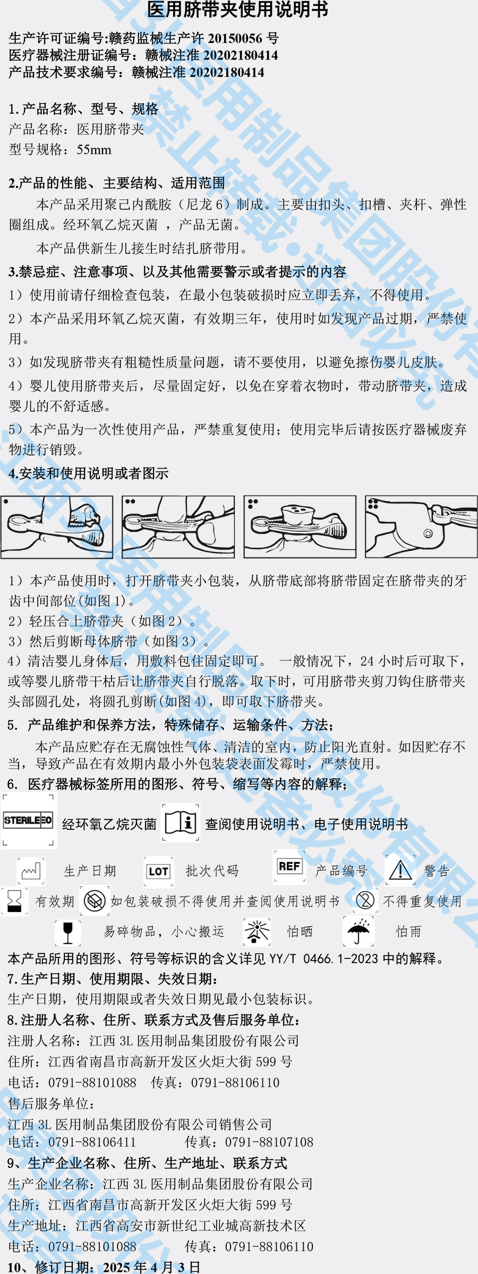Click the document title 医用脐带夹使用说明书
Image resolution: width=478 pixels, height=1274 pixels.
(x=237, y=10)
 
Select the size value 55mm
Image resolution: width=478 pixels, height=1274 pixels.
(x=94, y=150)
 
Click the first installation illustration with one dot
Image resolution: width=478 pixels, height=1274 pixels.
(x=57, y=526)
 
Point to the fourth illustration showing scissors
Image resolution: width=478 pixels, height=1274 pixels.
(x=421, y=526)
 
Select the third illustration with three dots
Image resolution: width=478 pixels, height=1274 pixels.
(x=300, y=526)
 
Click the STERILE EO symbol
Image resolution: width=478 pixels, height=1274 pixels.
(x=28, y=820)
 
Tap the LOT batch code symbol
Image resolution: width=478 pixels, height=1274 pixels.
(x=158, y=871)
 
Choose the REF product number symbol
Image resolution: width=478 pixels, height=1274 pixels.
(x=289, y=867)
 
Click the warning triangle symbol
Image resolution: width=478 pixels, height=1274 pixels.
(x=400, y=870)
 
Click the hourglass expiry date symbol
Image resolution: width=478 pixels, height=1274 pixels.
(x=14, y=901)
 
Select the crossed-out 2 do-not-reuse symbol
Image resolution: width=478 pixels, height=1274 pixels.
(x=365, y=901)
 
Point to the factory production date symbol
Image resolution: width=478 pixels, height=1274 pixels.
(x=31, y=871)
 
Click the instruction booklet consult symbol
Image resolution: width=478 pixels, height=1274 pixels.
(x=181, y=822)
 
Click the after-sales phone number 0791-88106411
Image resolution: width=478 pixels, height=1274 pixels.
(x=92, y=1142)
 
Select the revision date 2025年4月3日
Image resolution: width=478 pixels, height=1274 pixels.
(x=151, y=1267)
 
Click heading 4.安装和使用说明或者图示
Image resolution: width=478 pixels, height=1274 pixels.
(x=88, y=473)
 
